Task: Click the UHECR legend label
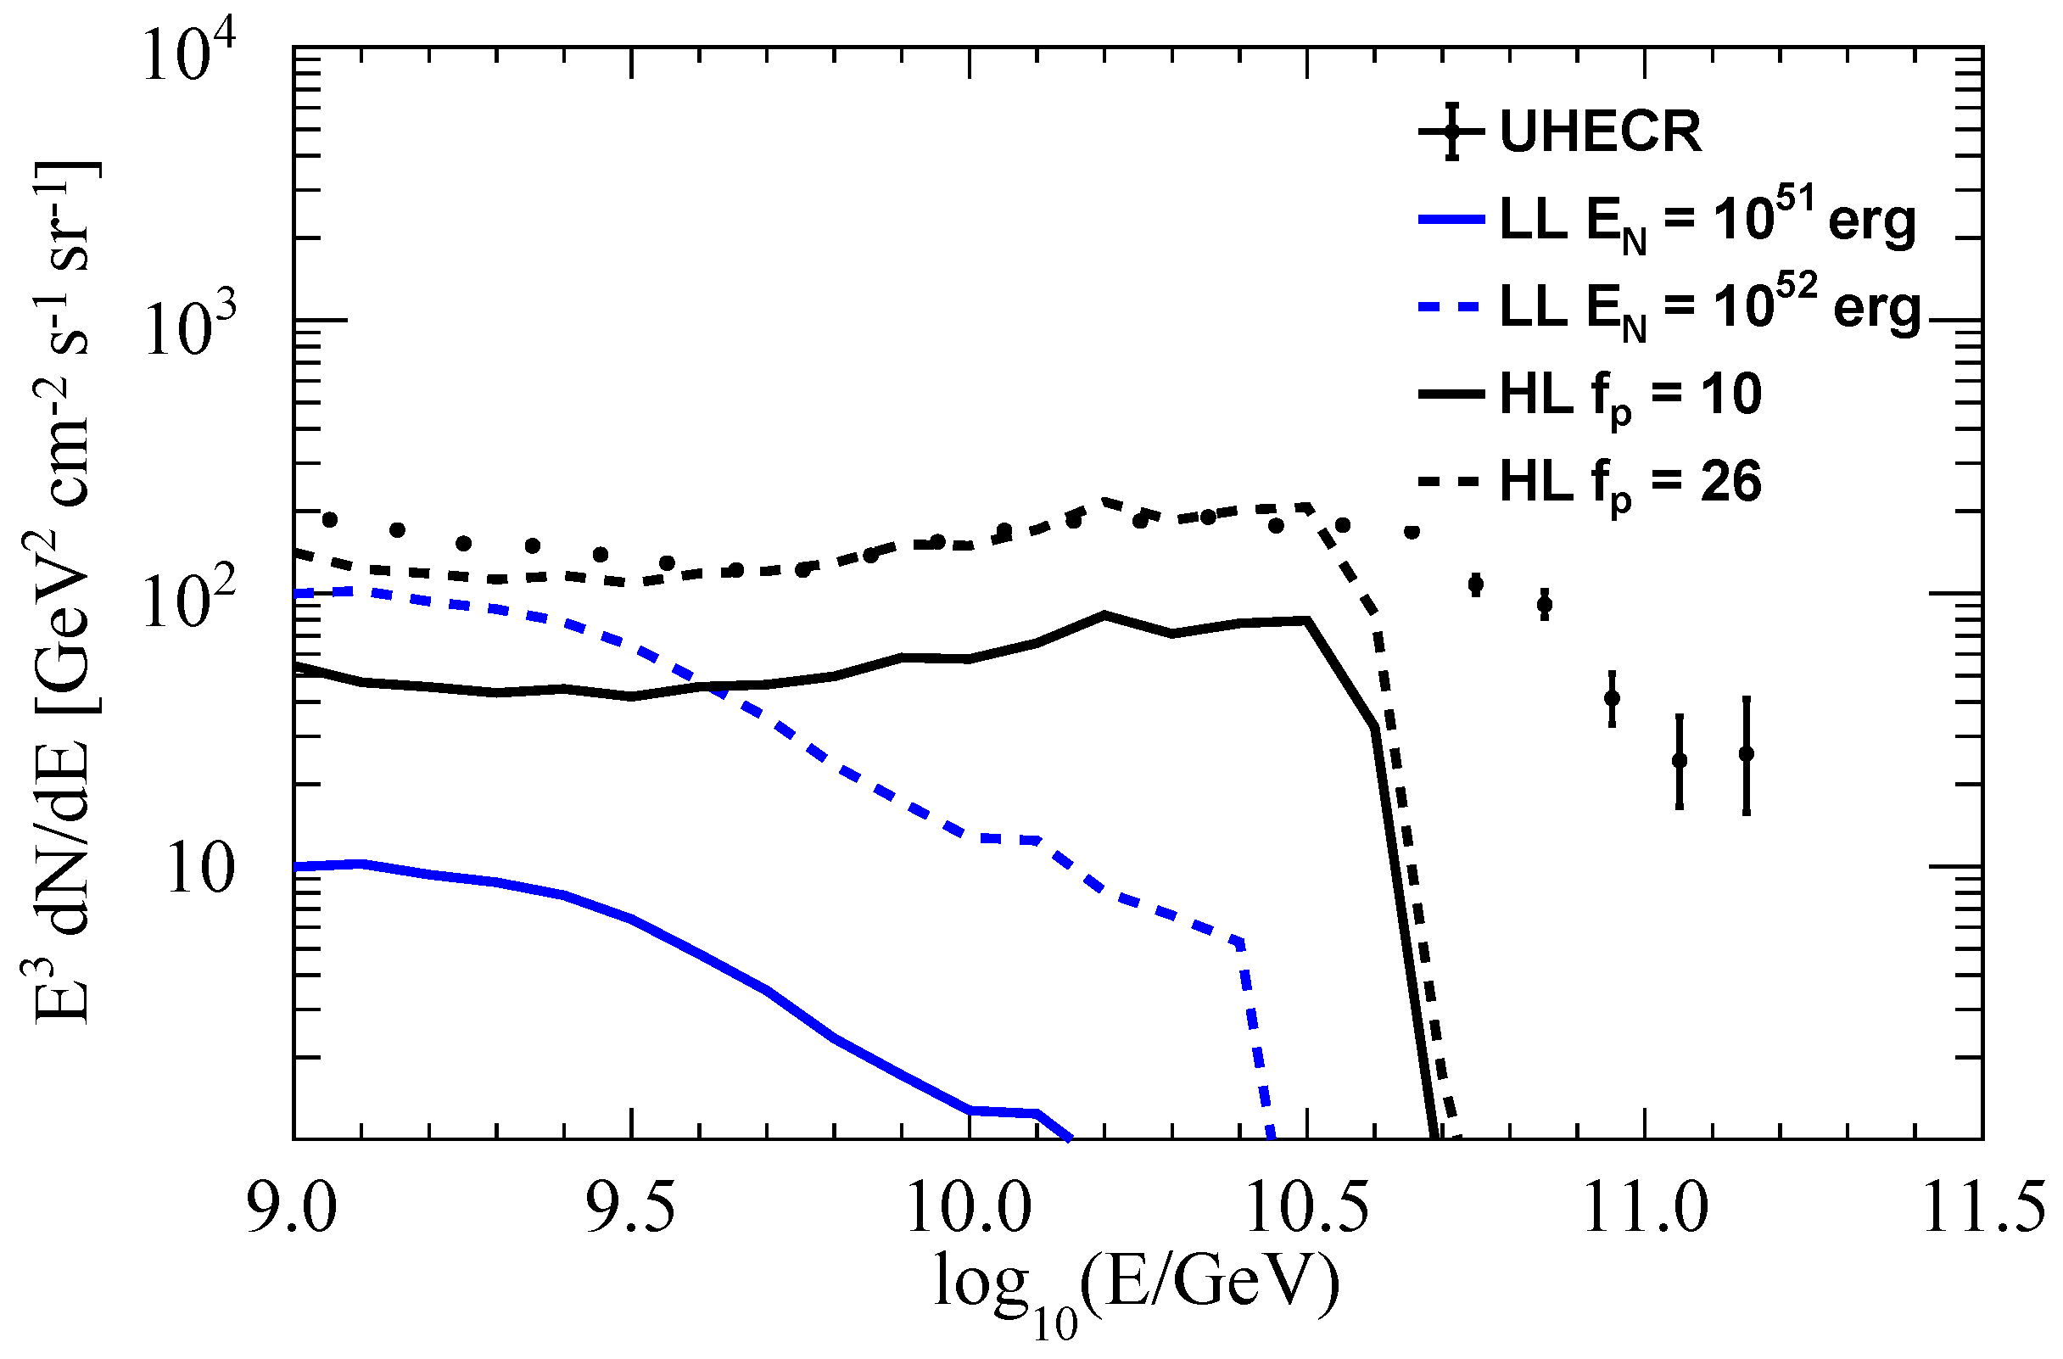click(1600, 132)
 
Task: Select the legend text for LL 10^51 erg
click(1708, 222)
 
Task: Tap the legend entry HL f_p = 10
click(1630, 397)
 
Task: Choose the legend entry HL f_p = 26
click(1630, 483)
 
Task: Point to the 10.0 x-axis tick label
click(969, 1207)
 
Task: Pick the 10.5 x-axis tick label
click(1307, 1207)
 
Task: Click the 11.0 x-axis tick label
click(1645, 1207)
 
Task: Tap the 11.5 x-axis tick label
click(1983, 1207)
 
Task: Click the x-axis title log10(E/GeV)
click(1136, 1291)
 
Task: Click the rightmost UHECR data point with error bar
click(1747, 753)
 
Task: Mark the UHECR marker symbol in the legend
click(1452, 131)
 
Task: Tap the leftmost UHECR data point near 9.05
click(329, 520)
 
